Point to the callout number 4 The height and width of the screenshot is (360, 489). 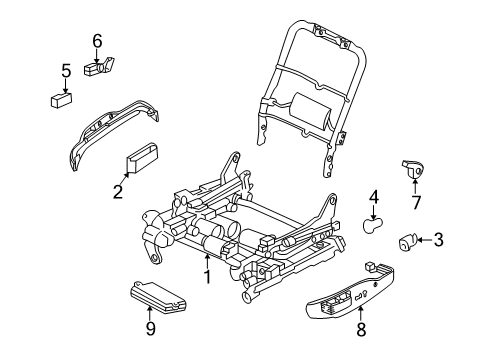[x=373, y=197]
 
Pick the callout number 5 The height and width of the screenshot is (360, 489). [x=65, y=71]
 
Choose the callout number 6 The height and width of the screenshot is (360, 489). [x=97, y=41]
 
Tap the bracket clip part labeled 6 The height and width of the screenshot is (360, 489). [x=100, y=68]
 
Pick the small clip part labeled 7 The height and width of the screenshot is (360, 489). [x=410, y=169]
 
